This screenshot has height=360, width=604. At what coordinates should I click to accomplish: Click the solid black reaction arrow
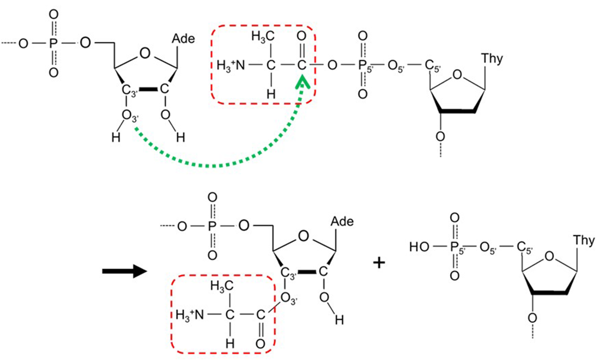tap(122, 272)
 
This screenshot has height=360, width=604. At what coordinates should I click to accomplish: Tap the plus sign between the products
tap(379, 263)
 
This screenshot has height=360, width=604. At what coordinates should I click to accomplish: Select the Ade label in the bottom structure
tap(343, 222)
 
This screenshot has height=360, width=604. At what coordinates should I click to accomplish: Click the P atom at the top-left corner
tap(54, 43)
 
